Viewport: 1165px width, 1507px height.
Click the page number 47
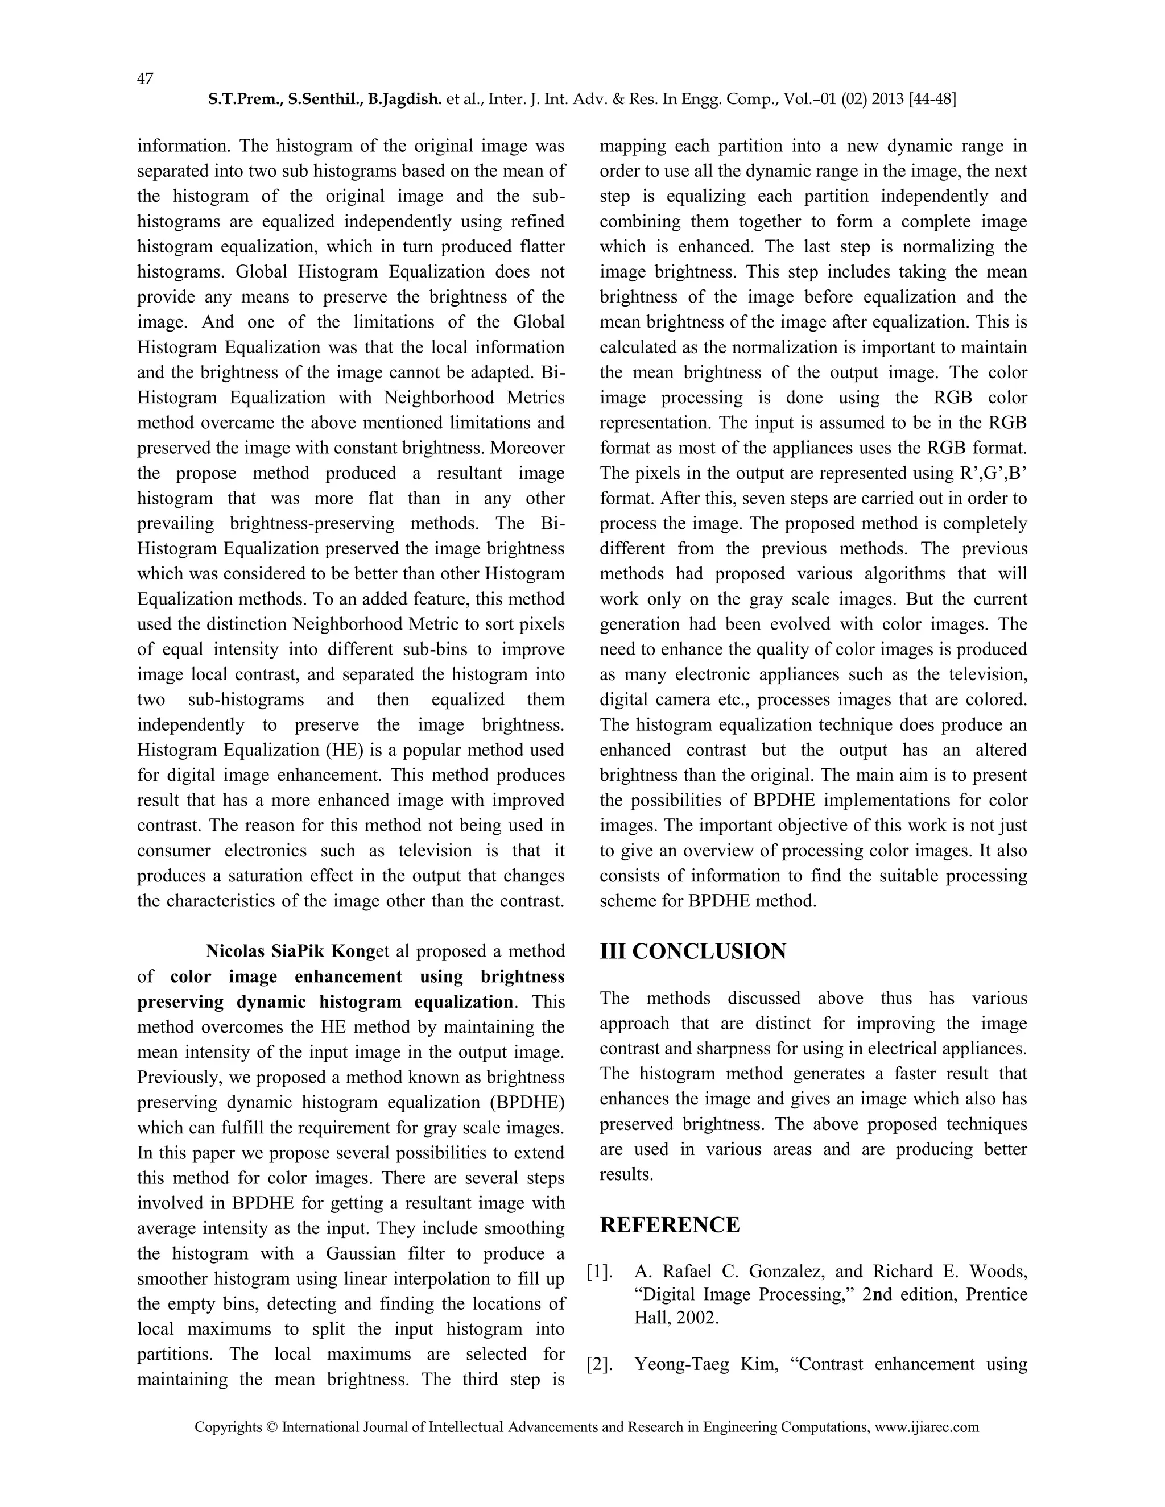tap(145, 78)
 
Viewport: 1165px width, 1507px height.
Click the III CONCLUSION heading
tap(692, 951)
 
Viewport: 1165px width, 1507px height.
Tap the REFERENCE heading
tap(670, 1225)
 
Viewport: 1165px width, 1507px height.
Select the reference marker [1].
tap(600, 1272)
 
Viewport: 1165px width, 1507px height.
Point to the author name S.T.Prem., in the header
tap(246, 100)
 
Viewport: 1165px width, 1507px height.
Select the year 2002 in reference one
tap(697, 1318)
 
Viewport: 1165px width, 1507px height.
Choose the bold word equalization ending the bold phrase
tap(463, 1002)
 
